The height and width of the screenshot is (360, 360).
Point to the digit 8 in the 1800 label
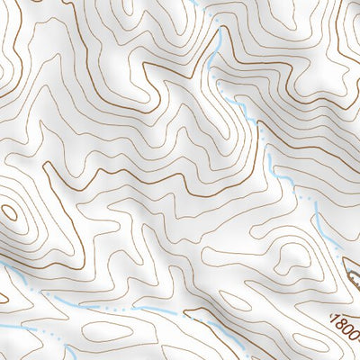pos(341,326)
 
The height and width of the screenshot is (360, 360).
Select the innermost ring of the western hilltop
pos(11,213)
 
